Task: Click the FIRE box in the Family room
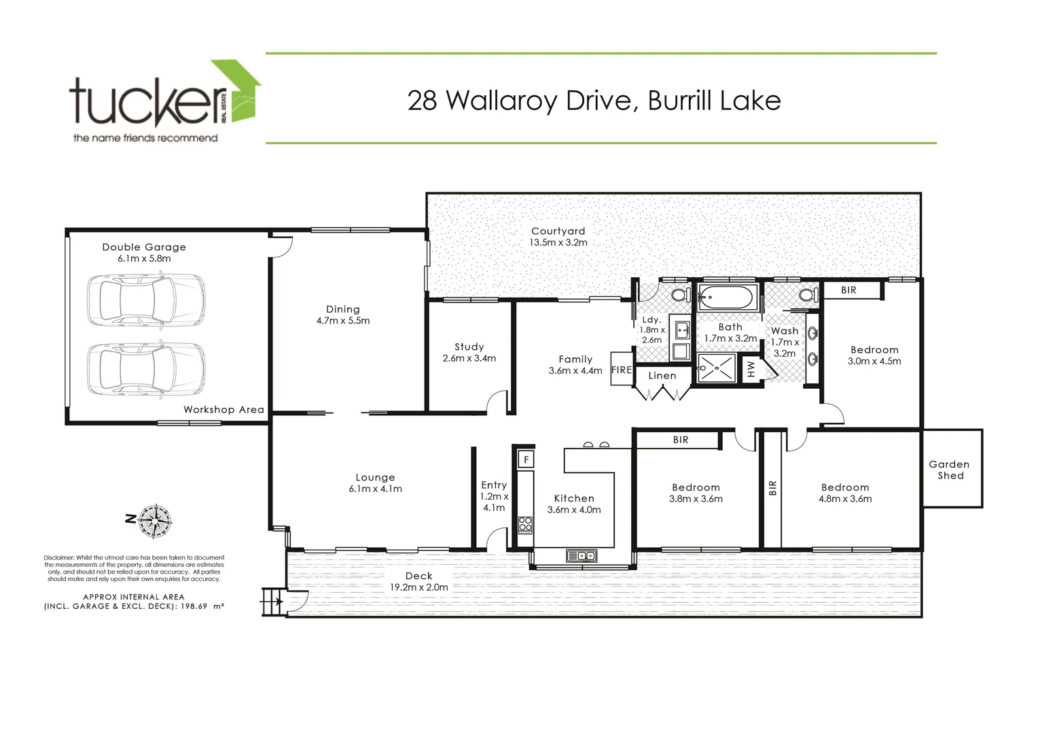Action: [622, 370]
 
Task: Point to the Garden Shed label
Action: [950, 470]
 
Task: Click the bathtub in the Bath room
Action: [726, 298]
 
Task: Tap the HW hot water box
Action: [751, 369]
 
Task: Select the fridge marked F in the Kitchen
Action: [526, 459]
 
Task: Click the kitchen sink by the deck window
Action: [581, 556]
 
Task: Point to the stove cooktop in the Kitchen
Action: [526, 524]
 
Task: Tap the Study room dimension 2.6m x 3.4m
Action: [469, 358]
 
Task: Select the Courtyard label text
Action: [558, 231]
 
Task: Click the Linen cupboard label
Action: [662, 375]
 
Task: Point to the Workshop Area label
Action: [223, 410]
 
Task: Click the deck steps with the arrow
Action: [274, 602]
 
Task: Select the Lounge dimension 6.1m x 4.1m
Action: [375, 489]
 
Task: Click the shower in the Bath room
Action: [716, 370]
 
